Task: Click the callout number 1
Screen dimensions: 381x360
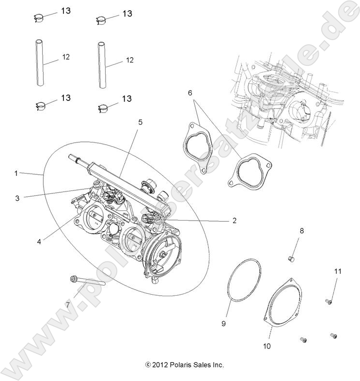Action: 16,173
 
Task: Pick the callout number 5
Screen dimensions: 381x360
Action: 140,123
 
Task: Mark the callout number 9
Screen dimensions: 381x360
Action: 224,322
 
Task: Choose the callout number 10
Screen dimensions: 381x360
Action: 267,346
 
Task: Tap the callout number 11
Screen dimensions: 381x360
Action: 338,271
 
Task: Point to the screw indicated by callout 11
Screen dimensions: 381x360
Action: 328,302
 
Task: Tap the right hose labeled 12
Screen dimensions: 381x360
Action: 102,64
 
